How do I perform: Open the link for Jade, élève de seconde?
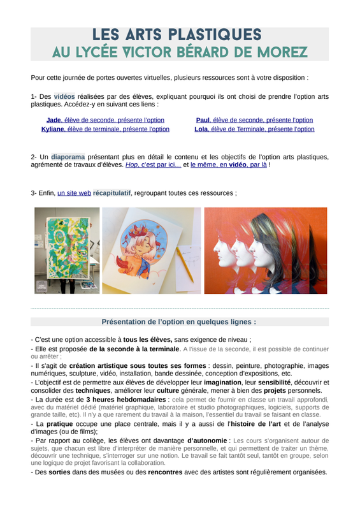click(105, 120)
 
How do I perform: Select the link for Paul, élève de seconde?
click(254, 120)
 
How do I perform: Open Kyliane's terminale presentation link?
click(105, 129)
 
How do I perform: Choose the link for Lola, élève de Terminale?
click(254, 129)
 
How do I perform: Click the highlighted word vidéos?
click(64, 97)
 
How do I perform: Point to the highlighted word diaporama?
click(68, 157)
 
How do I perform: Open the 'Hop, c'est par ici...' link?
click(153, 164)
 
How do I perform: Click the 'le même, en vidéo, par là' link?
click(229, 164)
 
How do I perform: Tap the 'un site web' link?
click(74, 193)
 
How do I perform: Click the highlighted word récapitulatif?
click(112, 193)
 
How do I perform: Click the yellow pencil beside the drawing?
click(185, 264)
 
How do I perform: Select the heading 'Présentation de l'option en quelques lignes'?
click(178, 322)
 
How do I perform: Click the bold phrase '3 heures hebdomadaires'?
click(126, 400)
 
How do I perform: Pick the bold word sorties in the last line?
click(59, 472)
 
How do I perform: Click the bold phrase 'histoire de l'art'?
click(256, 424)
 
